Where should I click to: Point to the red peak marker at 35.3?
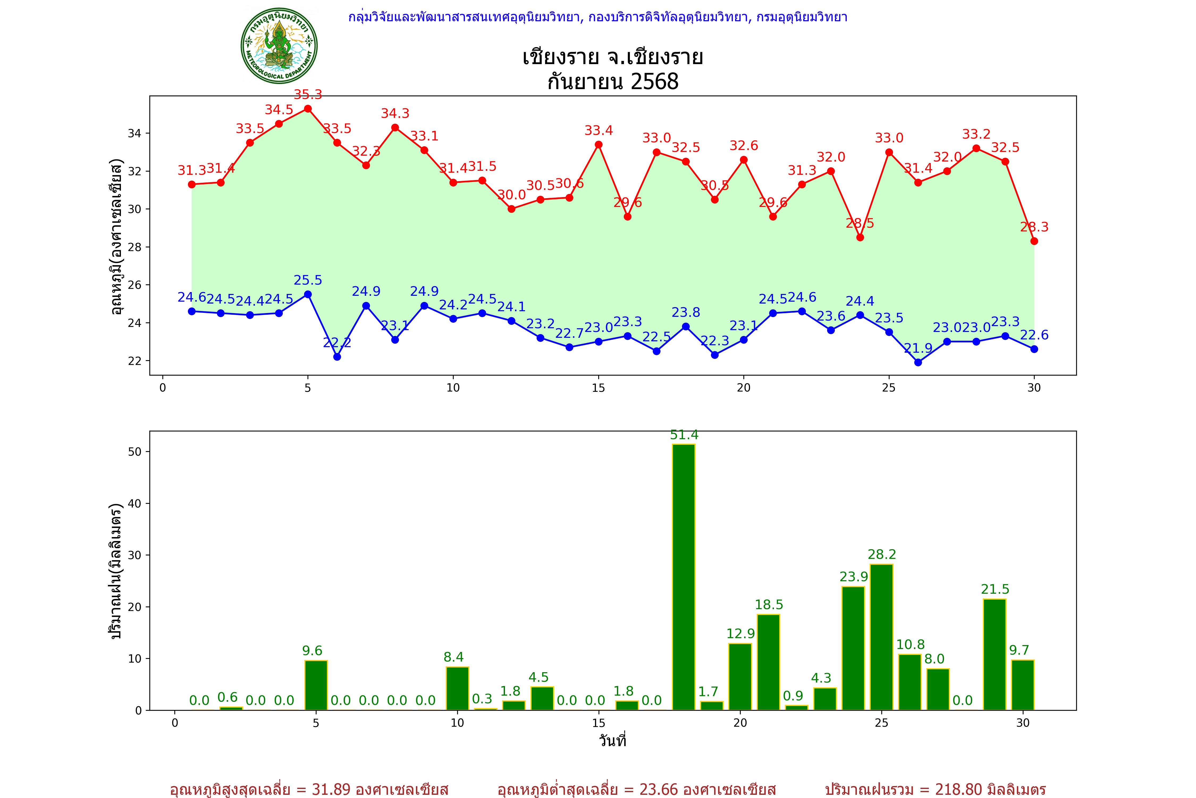pos(308,109)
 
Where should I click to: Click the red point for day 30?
pos(1034,241)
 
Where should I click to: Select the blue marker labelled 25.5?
pos(308,295)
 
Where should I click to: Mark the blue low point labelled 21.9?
pos(918,362)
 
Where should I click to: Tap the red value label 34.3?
pos(395,114)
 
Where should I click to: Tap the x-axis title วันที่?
pos(612,741)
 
